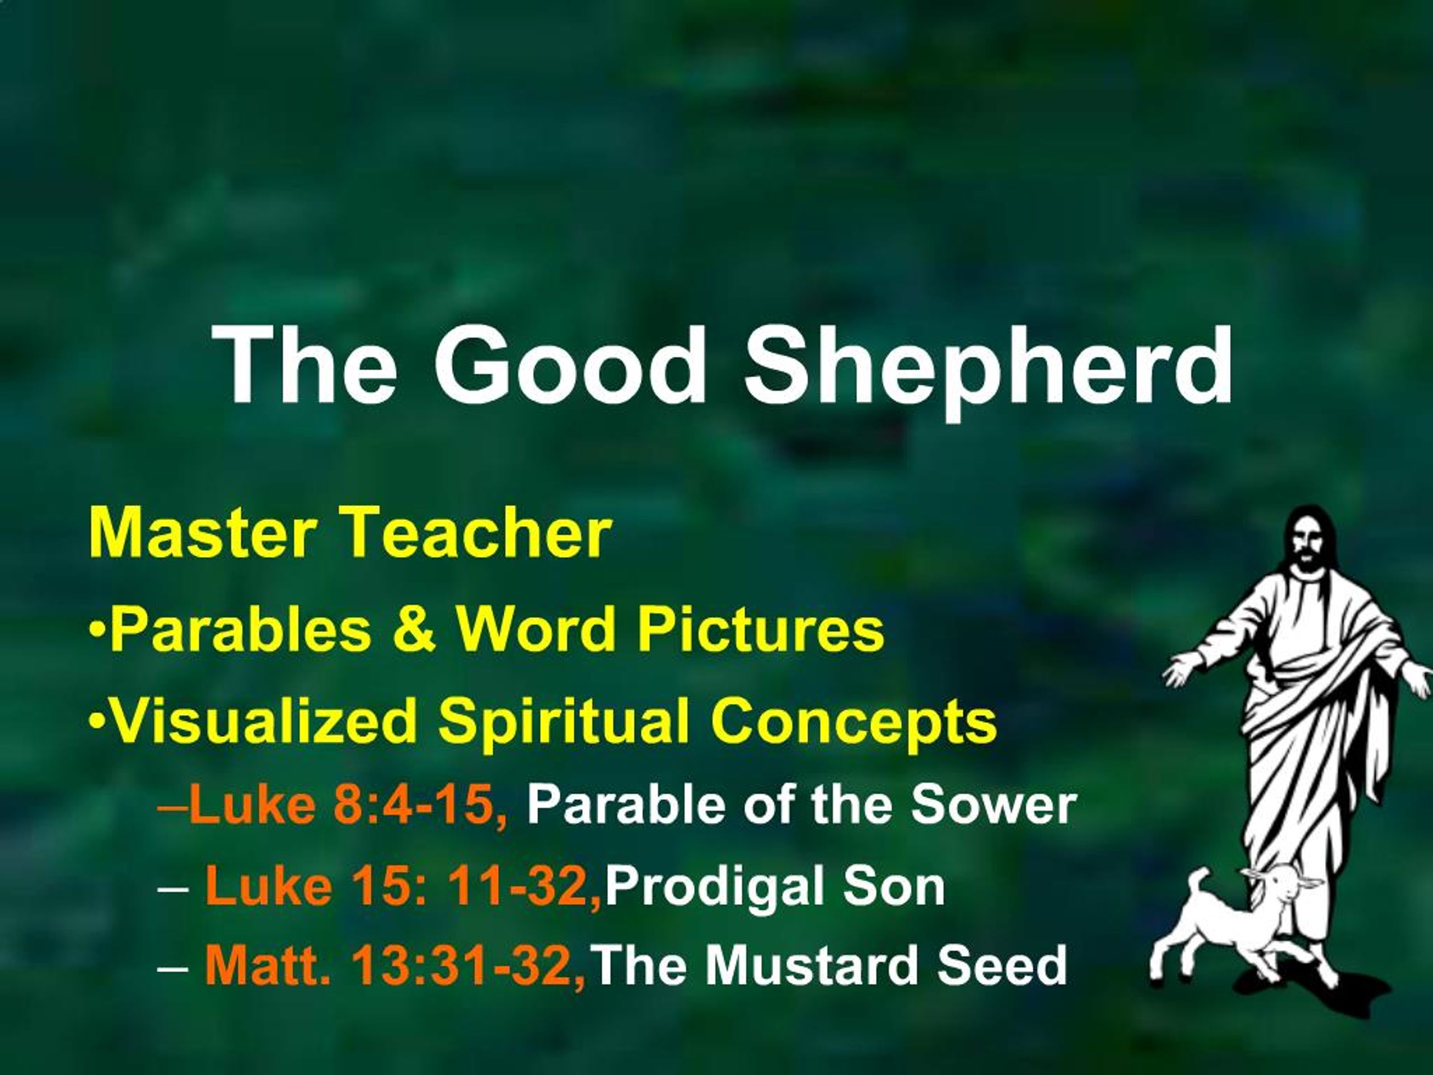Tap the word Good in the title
[x=570, y=366]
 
